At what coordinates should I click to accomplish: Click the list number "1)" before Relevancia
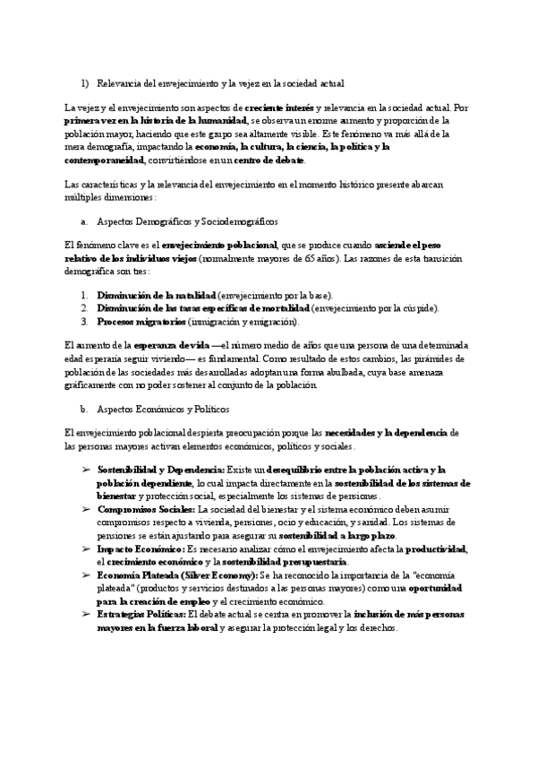[x=84, y=83]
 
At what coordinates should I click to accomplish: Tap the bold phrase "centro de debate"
[x=269, y=160]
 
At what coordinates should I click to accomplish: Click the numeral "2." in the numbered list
[x=84, y=308]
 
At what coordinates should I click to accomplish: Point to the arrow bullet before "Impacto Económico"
[x=86, y=548]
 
